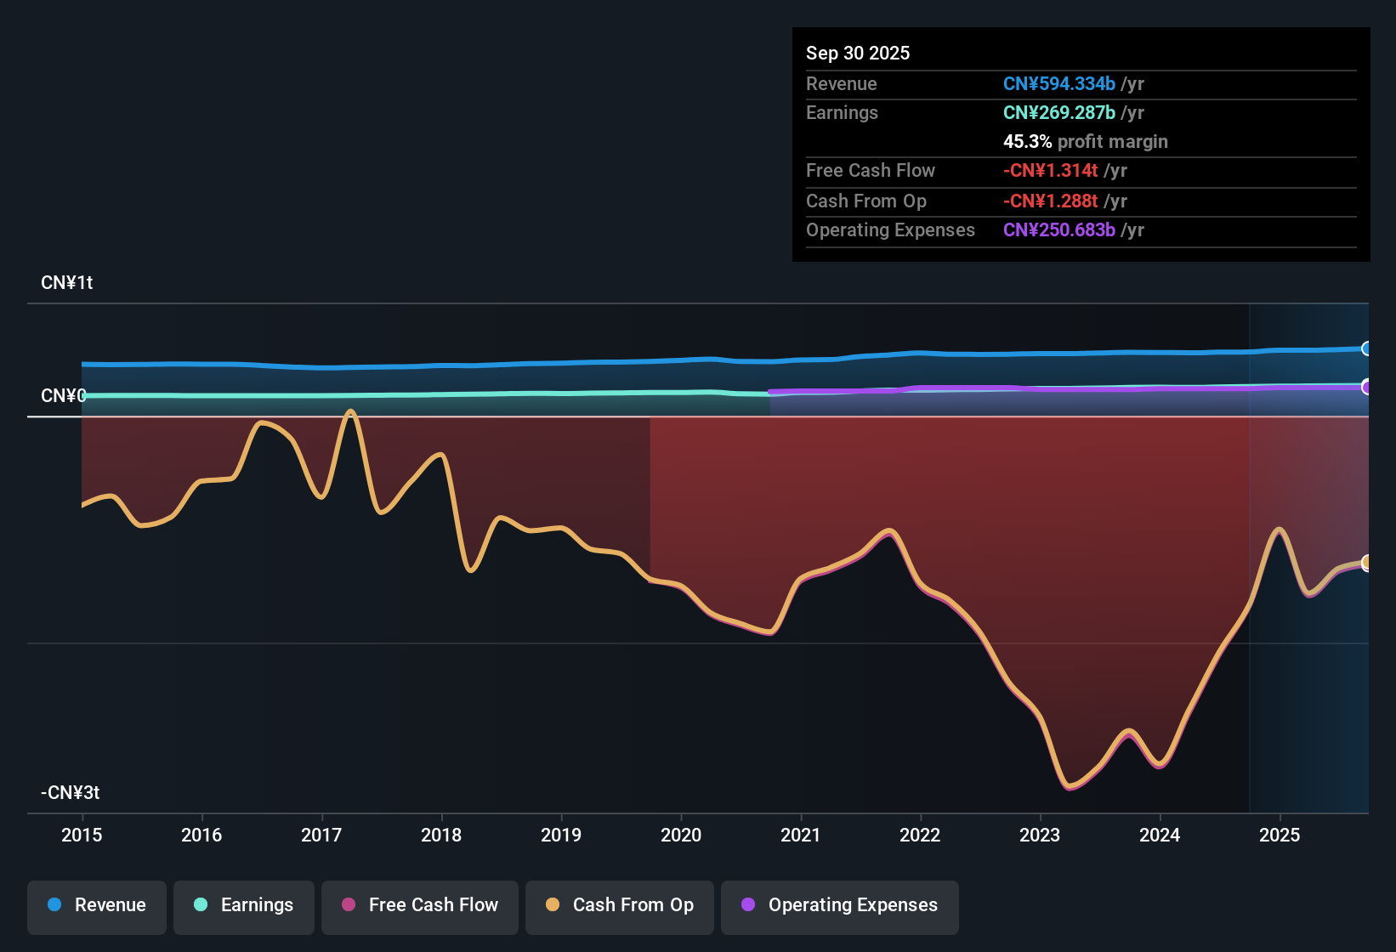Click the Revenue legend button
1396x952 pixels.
(97, 905)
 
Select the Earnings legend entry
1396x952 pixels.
(244, 905)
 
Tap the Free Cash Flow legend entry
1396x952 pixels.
(420, 905)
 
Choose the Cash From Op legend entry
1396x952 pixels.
(620, 905)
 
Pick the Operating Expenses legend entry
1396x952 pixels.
(840, 905)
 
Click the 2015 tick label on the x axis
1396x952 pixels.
(82, 835)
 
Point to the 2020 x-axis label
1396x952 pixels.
(681, 835)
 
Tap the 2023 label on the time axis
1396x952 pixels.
(1040, 835)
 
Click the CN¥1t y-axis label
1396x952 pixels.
(66, 283)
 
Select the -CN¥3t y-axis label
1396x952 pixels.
(70, 793)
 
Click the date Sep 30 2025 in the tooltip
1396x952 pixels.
(857, 53)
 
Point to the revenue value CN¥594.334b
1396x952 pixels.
(1058, 83)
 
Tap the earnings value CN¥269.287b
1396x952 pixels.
(1058, 112)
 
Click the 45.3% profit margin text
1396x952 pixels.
(1085, 141)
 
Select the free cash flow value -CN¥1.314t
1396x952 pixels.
(1050, 170)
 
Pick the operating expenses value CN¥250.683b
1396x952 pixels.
(1058, 229)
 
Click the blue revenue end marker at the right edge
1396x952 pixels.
(1366, 348)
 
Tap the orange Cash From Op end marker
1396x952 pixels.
(1366, 563)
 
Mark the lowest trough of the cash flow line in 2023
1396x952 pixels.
(1070, 786)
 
